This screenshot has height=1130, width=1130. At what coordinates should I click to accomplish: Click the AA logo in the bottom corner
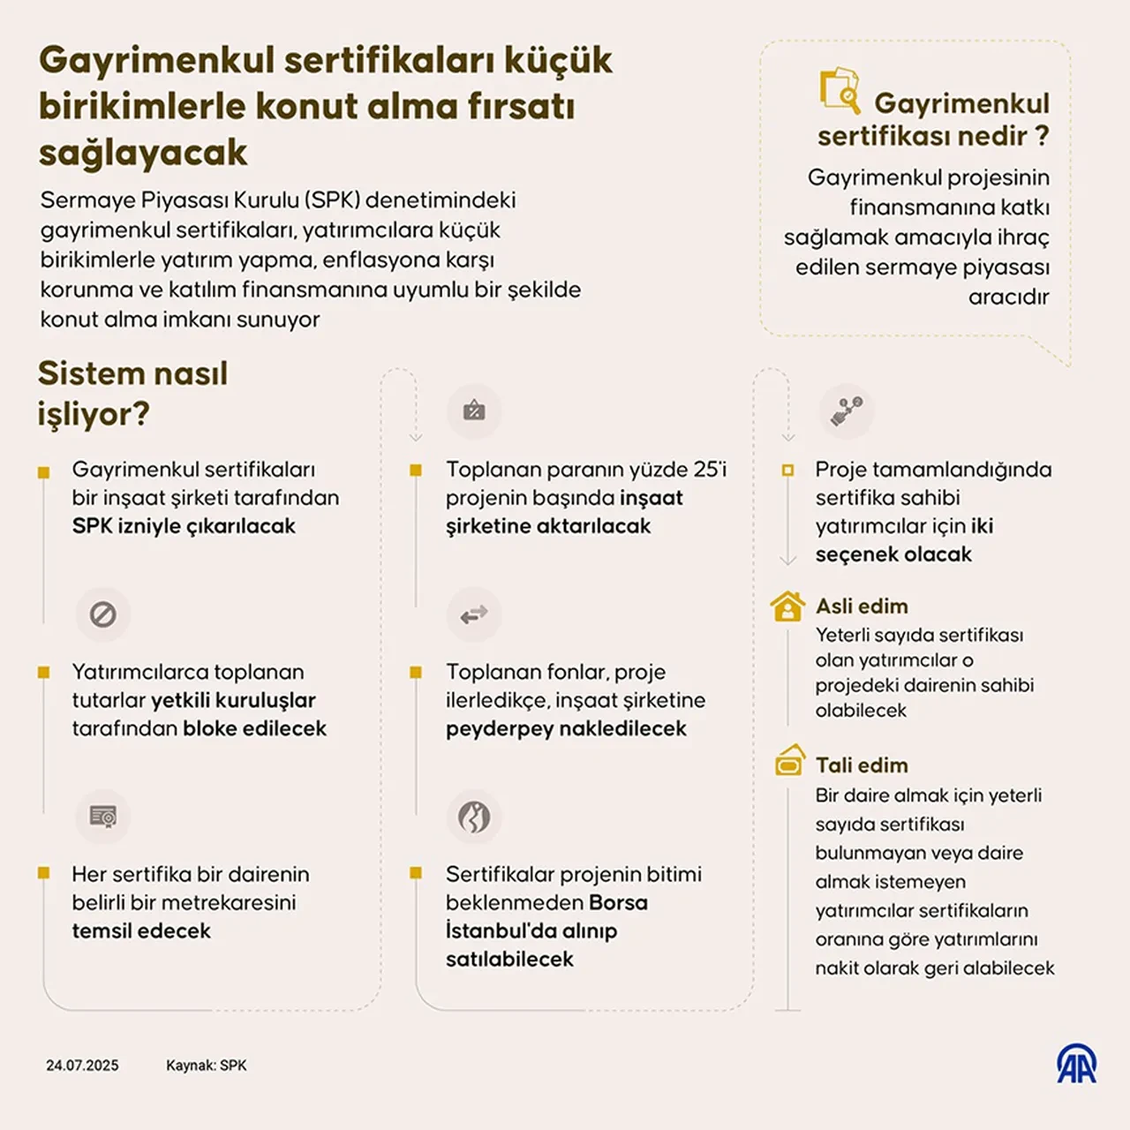point(1077,1064)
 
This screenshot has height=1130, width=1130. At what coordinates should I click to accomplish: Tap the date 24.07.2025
point(82,1066)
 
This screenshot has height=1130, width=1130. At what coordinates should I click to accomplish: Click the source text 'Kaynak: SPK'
point(207,1066)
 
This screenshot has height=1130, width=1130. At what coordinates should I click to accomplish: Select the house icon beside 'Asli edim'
point(787,606)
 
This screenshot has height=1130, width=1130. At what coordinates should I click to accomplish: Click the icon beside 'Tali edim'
point(789,760)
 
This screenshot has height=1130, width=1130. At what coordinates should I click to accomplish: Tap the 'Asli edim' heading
point(862,606)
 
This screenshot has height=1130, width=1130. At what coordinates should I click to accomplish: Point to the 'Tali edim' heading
point(862,765)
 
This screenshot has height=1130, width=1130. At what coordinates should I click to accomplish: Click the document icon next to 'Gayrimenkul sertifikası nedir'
point(840,91)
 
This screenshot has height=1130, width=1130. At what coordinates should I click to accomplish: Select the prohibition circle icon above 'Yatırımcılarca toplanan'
point(103,614)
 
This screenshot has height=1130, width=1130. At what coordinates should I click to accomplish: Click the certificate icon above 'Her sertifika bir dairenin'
point(103,817)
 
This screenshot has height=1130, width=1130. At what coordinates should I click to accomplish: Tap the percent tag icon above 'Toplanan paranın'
point(474,411)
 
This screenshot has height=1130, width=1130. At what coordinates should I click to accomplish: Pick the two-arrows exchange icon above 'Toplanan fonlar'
point(474,614)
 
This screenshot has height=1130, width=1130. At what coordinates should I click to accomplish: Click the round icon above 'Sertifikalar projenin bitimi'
point(474,817)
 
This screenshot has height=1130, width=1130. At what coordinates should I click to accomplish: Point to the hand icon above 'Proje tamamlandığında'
point(847,411)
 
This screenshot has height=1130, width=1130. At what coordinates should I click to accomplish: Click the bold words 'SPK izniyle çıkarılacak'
point(184,526)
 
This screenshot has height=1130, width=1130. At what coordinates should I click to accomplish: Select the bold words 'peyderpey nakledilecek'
point(566,729)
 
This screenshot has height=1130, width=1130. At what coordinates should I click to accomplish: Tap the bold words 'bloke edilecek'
point(254,729)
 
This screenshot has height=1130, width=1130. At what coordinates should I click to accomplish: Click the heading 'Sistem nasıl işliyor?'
point(132,394)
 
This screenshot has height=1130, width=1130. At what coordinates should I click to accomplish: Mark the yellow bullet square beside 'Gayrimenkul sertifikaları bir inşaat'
point(43,473)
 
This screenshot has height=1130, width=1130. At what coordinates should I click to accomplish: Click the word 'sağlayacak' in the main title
point(143,153)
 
